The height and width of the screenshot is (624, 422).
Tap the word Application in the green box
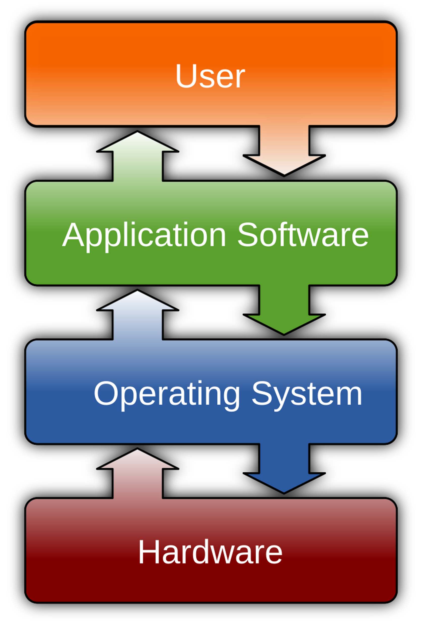point(144,235)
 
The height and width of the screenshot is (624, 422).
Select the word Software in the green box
point(303,235)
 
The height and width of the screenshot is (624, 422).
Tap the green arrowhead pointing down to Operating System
point(284,323)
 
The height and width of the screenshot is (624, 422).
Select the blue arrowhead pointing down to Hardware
point(284,482)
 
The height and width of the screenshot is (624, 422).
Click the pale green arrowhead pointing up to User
point(137,142)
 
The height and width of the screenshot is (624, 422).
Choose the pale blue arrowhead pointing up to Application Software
point(137,301)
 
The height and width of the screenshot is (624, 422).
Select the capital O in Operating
point(106,393)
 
